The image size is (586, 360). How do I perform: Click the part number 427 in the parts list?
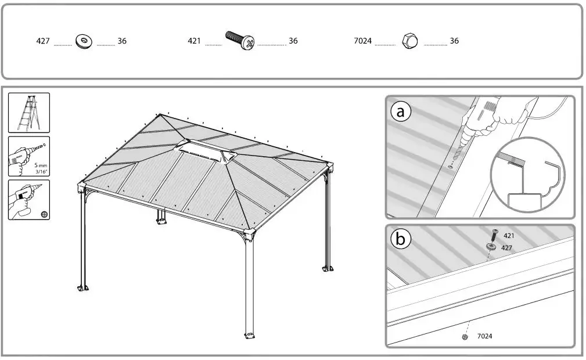[x=44, y=42]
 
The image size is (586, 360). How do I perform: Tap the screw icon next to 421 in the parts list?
[x=240, y=41]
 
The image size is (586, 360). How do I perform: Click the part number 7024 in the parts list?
[x=362, y=41]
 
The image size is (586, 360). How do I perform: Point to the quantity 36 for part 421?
[x=293, y=41]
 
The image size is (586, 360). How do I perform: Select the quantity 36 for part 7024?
[x=454, y=41]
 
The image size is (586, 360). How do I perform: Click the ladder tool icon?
[x=29, y=113]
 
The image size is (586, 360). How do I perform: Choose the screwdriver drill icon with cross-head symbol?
[x=29, y=200]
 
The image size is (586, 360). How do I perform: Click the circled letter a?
[x=400, y=111]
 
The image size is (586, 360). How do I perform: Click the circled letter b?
[x=400, y=239]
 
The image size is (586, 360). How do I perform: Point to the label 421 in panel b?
[x=509, y=236]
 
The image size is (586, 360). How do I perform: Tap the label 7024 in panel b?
[x=485, y=336]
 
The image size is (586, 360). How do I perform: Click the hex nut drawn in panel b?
[x=465, y=336]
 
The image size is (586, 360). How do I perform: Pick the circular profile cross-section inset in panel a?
[x=527, y=174]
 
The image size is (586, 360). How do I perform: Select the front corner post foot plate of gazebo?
[x=250, y=336]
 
